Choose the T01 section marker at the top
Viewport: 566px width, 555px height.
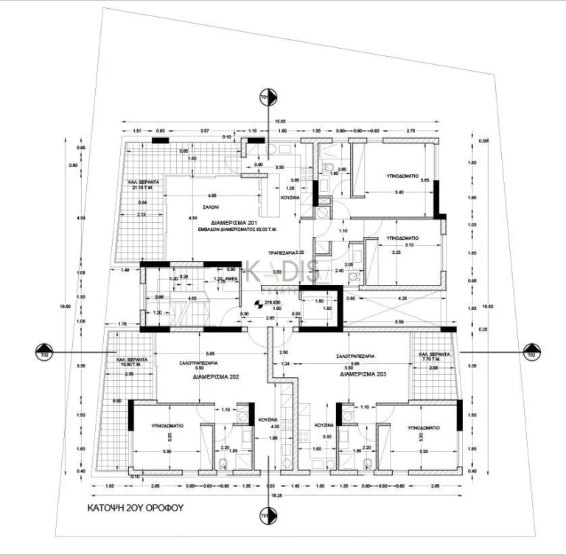[265, 97]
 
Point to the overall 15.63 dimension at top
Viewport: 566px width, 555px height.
[280, 122]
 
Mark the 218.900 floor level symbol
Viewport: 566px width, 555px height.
[265, 303]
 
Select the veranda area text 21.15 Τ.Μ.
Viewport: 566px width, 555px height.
[133, 187]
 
